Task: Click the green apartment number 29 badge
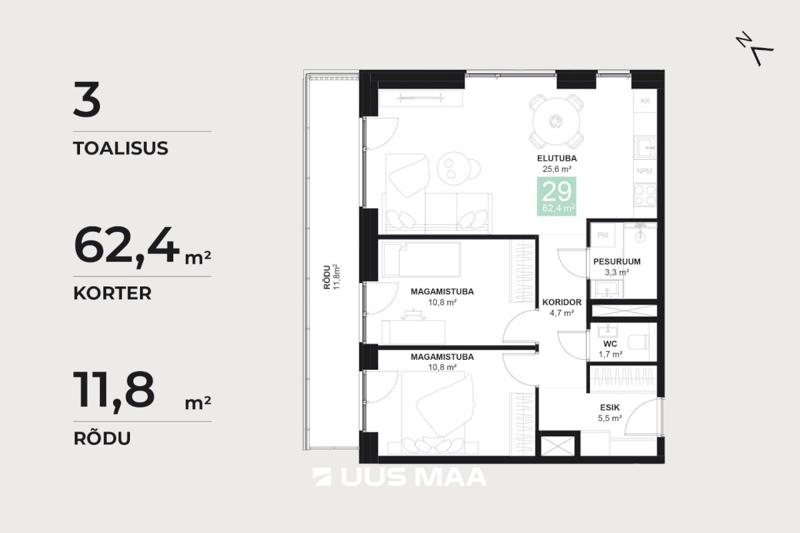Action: coord(557,196)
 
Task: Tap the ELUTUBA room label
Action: coord(557,158)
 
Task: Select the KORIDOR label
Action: coord(562,302)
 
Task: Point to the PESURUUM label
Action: coord(617,261)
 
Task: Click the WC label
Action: coord(610,344)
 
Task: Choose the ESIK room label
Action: coord(609,407)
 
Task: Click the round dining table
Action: coord(556,121)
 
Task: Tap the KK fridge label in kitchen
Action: coord(645,101)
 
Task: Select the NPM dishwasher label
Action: coord(644,171)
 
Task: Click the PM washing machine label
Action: coord(603,235)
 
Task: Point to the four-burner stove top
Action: coord(645,195)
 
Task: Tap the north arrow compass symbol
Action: coord(754,49)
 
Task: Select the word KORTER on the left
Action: coord(112,293)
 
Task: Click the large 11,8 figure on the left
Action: coord(114,390)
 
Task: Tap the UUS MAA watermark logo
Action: coord(399,477)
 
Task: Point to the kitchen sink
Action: coord(645,147)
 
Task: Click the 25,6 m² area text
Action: coord(557,169)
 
